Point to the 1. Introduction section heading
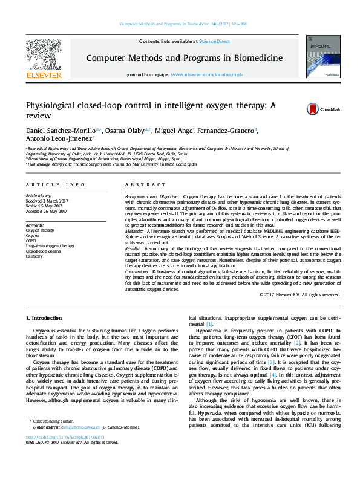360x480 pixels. pyautogui.click(x=44, y=318)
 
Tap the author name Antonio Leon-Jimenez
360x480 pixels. pyautogui.click(x=57, y=140)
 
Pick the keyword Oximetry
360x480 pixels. pyautogui.click(x=34, y=256)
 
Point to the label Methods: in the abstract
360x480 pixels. pyautogui.click(x=134, y=231)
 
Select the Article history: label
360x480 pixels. pyautogui.click(x=39, y=196)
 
